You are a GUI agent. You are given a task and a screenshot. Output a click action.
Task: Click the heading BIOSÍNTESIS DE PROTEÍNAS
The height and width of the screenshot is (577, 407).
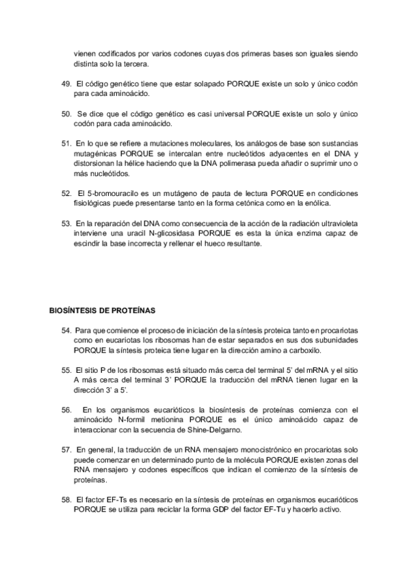[x=102, y=311]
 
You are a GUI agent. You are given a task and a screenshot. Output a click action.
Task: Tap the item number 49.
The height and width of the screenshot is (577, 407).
[x=66, y=83]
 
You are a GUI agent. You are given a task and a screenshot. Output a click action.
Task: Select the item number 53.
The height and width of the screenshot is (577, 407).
[x=66, y=223]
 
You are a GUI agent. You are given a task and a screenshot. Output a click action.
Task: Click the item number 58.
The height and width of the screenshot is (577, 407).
[x=66, y=499]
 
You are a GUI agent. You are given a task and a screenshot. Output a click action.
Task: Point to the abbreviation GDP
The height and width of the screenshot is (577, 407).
[x=216, y=510]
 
